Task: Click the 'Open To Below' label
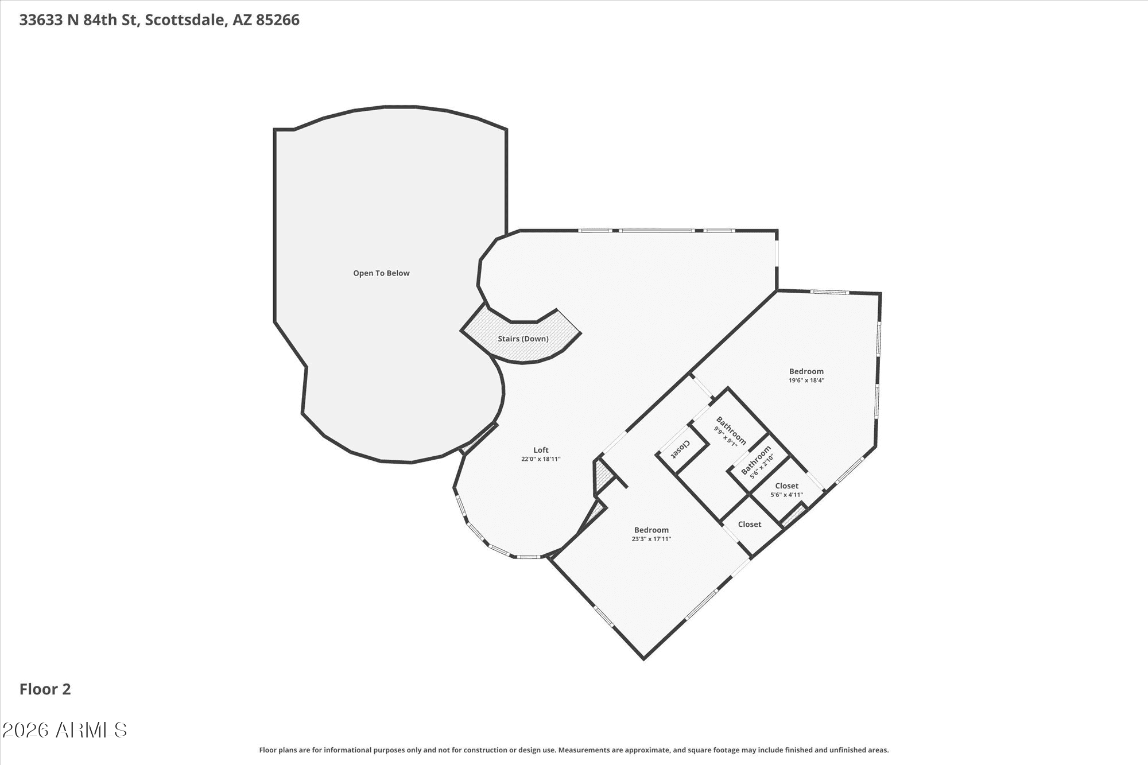pyautogui.click(x=381, y=273)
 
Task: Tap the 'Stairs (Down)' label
pyautogui.click(x=523, y=339)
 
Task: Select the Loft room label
pyautogui.click(x=541, y=450)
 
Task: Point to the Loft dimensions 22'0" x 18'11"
pyautogui.click(x=541, y=459)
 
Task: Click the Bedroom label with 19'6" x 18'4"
pyautogui.click(x=806, y=371)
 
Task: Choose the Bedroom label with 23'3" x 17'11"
pyautogui.click(x=651, y=530)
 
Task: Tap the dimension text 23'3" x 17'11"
pyautogui.click(x=651, y=539)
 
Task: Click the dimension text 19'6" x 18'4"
pyautogui.click(x=806, y=380)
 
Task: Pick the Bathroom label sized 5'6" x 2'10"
pyautogui.click(x=756, y=461)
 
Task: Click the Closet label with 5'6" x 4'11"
pyautogui.click(x=786, y=486)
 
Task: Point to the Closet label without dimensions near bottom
pyautogui.click(x=750, y=524)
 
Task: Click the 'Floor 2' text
pyautogui.click(x=45, y=689)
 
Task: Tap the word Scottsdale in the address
pyautogui.click(x=184, y=21)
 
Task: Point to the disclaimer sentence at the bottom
pyautogui.click(x=574, y=750)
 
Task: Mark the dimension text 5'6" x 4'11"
pyautogui.click(x=786, y=495)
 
